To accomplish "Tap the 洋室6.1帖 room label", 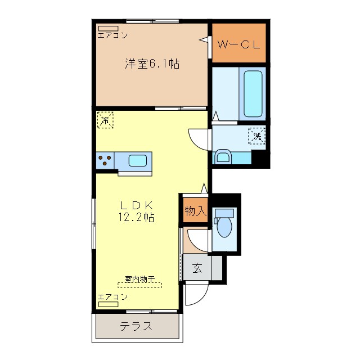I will click(152, 64).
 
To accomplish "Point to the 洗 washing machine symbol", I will click(257, 136).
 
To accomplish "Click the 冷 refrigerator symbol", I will click(105, 119).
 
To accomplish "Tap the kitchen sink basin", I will click(138, 160).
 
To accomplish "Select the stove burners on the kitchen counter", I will click(104, 160).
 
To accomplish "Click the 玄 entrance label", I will click(197, 268).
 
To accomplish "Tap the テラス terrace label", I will click(136, 326).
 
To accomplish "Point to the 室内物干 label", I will click(139, 280).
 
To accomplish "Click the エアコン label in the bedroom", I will click(112, 36).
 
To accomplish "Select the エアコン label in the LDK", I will click(112, 296).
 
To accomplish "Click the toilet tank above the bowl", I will click(224, 213).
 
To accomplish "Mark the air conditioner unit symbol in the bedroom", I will click(107, 28).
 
